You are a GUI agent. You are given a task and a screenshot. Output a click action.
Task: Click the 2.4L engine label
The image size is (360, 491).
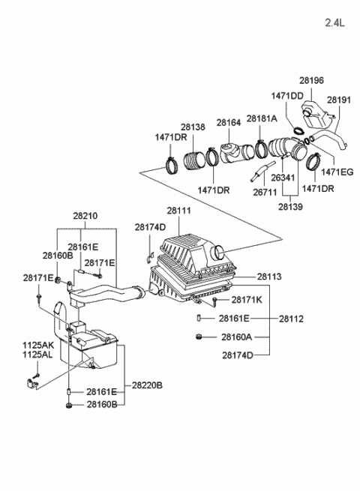point(336,23)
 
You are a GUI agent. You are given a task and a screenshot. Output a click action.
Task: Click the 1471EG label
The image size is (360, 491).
point(337,172)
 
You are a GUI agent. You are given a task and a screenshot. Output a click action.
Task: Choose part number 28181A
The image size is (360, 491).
point(262,119)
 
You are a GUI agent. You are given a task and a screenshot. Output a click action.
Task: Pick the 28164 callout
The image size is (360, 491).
point(229,122)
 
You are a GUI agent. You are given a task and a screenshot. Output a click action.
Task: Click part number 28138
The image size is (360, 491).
point(193,128)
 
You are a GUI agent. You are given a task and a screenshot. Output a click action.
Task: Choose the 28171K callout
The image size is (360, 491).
point(247,301)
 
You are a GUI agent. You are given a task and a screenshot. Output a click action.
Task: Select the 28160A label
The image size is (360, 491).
point(236,337)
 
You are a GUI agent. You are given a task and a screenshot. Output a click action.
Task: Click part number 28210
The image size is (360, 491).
point(85,215)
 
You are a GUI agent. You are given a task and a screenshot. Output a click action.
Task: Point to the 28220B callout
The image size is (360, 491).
point(148,386)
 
